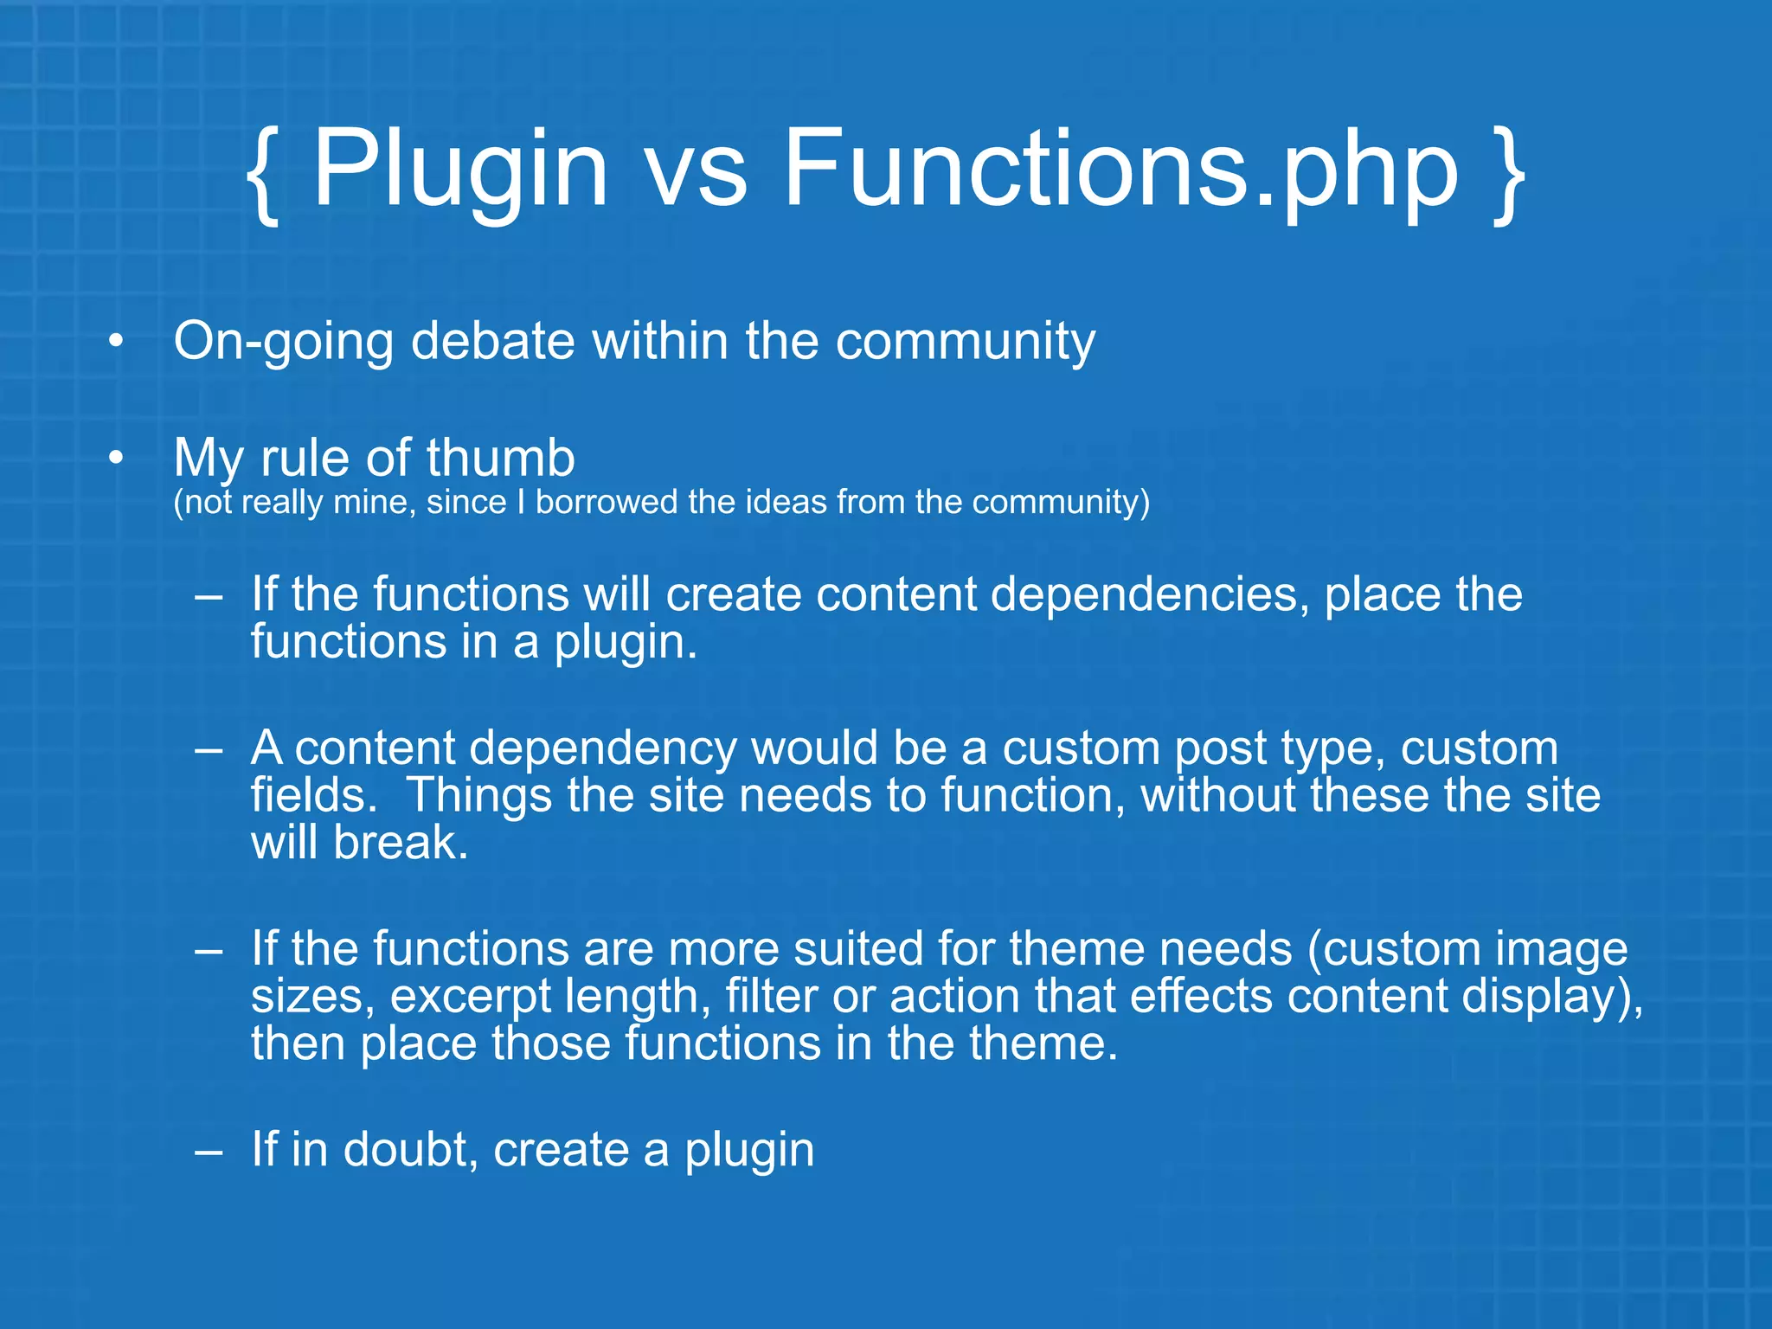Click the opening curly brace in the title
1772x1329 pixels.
pos(263,173)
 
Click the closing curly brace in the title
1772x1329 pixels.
pos(1509,173)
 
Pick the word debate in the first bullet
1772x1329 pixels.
pos(492,340)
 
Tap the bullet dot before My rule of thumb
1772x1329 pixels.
pos(116,459)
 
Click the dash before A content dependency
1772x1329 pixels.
pos(209,749)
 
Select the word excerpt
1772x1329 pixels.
pos(470,997)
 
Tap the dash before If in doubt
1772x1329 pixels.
pos(209,1152)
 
